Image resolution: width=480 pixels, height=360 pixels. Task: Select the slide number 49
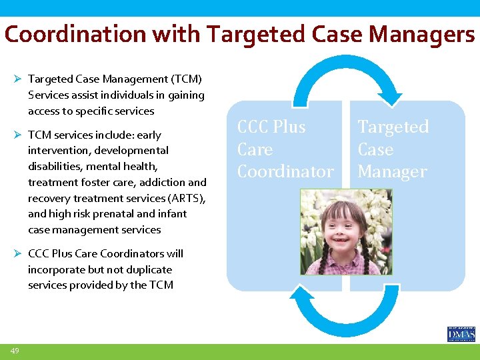15,351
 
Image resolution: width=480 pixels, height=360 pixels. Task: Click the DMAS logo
461,334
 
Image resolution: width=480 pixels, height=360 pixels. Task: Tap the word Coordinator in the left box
285,172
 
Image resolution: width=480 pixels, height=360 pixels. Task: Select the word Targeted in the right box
393,127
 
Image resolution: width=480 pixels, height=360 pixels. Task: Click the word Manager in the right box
392,172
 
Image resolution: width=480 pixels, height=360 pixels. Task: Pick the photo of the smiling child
346,232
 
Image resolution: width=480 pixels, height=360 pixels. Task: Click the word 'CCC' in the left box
253,127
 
